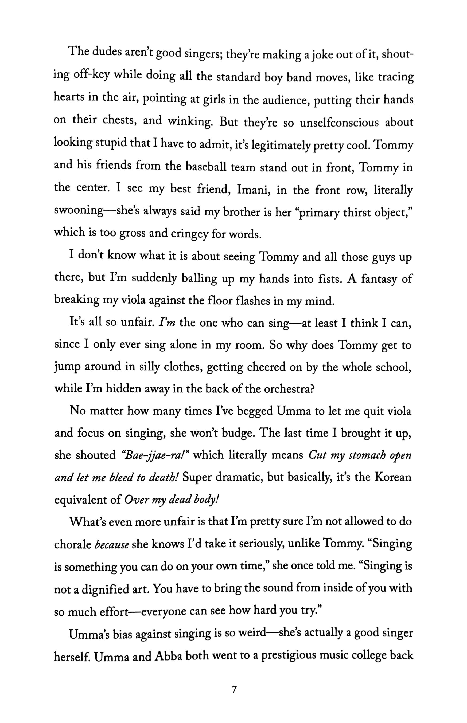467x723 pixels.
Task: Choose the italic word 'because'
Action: (112, 545)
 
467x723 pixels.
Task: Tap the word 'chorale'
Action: (72, 545)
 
